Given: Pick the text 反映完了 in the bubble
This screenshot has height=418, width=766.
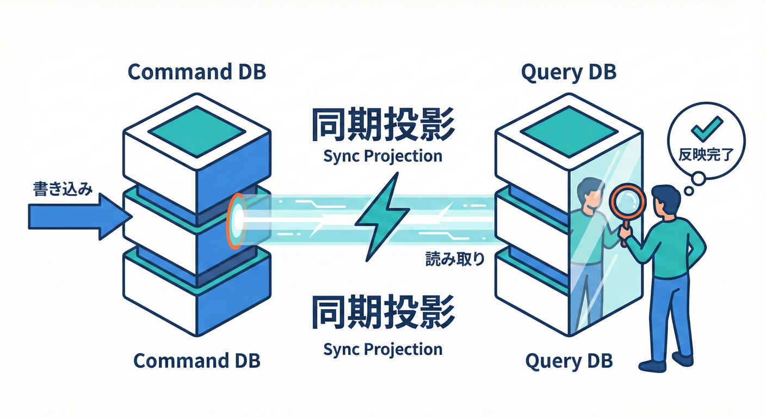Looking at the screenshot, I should pyautogui.click(x=706, y=155).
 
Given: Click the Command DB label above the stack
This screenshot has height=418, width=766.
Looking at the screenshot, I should pyautogui.click(x=196, y=72).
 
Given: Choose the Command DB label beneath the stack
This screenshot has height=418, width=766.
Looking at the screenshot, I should pyautogui.click(x=196, y=360).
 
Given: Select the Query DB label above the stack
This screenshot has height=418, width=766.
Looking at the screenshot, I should pyautogui.click(x=569, y=72).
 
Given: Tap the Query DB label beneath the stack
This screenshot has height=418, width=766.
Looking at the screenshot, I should pyautogui.click(x=569, y=360).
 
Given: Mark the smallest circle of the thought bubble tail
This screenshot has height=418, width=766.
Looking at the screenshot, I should pyautogui.click(x=688, y=191).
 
